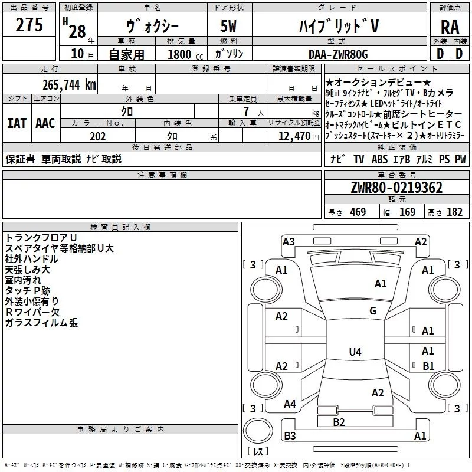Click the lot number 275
pyautogui.click(x=29, y=25)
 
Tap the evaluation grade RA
pyautogui.click(x=450, y=27)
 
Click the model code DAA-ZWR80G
pyautogui.click(x=338, y=55)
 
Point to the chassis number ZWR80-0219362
pyautogui.click(x=396, y=188)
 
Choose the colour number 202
pyautogui.click(x=98, y=136)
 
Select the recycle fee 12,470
pyautogui.click(x=293, y=136)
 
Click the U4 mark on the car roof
pyautogui.click(x=355, y=352)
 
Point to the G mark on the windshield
pyautogui.click(x=373, y=311)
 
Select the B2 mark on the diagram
pyautogui.click(x=339, y=422)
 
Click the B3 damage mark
pyautogui.click(x=290, y=436)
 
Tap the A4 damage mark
pyautogui.click(x=290, y=404)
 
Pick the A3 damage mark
pyautogui.click(x=289, y=241)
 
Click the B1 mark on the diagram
pyautogui.click(x=428, y=366)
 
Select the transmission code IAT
pyautogui.click(x=17, y=123)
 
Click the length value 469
pyautogui.click(x=357, y=212)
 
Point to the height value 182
pyautogui.click(x=454, y=212)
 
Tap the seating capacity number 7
pyautogui.click(x=244, y=111)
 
